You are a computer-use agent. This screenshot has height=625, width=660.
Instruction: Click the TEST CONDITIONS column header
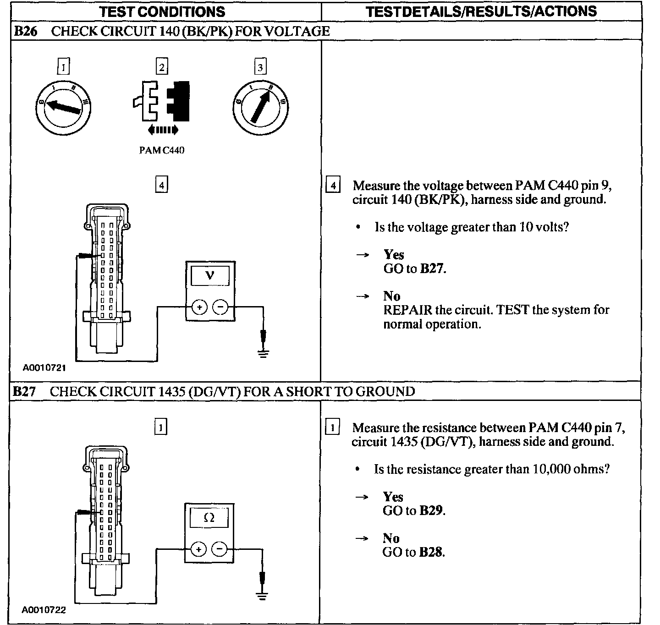[x=162, y=11]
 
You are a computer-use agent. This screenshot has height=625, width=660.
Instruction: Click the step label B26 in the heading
[x=24, y=31]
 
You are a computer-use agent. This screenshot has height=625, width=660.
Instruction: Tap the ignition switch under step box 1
[x=64, y=106]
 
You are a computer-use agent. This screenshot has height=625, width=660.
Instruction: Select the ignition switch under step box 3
[x=260, y=107]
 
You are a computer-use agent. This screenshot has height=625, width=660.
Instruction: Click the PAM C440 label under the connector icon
[x=162, y=151]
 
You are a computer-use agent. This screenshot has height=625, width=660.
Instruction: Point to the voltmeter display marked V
[x=210, y=275]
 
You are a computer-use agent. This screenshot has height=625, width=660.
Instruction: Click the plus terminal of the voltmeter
[x=199, y=307]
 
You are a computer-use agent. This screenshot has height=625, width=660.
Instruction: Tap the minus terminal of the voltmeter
[x=221, y=307]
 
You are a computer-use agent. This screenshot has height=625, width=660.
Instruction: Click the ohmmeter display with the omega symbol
[x=209, y=518]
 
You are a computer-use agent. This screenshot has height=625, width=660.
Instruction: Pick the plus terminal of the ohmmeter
[x=198, y=549]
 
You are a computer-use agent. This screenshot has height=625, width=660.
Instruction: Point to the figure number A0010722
[x=44, y=610]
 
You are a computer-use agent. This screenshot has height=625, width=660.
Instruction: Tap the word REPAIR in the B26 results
[x=407, y=310]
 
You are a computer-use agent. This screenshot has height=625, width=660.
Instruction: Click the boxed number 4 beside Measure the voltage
[x=333, y=186]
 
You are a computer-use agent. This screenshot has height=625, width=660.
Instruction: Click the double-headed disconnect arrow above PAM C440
[x=163, y=130]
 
